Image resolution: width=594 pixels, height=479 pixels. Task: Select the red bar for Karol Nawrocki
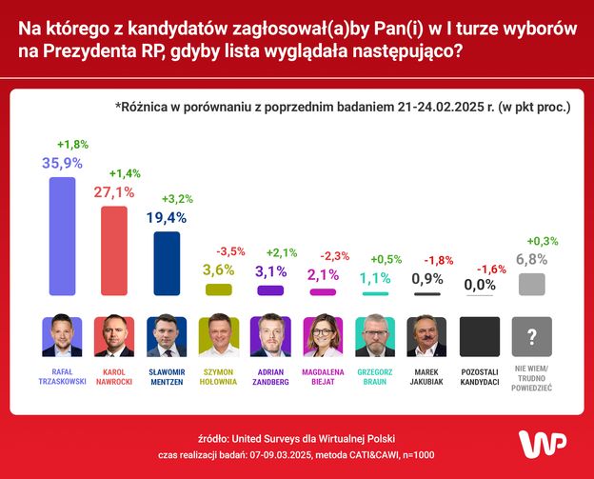pos(114,250)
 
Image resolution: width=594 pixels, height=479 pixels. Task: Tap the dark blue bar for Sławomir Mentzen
pos(167,263)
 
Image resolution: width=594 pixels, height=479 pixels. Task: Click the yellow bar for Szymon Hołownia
pos(219,289)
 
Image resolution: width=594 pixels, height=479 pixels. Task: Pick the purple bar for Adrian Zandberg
pos(270,290)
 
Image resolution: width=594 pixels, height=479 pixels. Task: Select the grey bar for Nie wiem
pos(532,285)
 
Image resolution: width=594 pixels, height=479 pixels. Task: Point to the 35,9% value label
pos(62,163)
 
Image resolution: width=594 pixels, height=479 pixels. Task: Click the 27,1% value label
pos(114,192)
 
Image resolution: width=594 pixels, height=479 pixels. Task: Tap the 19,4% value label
pos(167,218)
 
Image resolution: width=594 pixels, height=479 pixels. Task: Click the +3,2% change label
pos(179,200)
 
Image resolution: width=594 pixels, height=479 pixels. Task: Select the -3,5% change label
pos(230,251)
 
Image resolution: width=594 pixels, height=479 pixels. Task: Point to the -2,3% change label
pos(335,255)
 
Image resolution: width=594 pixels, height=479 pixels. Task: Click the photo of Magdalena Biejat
pos(323,336)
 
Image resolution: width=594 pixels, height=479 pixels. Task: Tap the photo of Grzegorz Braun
pos(375,336)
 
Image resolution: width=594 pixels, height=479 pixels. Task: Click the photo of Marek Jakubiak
pos(427,336)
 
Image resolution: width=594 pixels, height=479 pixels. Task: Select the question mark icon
pos(532,336)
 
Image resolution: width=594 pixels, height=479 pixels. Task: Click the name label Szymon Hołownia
pos(219,376)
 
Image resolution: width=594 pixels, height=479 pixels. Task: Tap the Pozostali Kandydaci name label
pos(480,376)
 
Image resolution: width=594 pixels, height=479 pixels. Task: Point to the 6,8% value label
pos(532,259)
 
